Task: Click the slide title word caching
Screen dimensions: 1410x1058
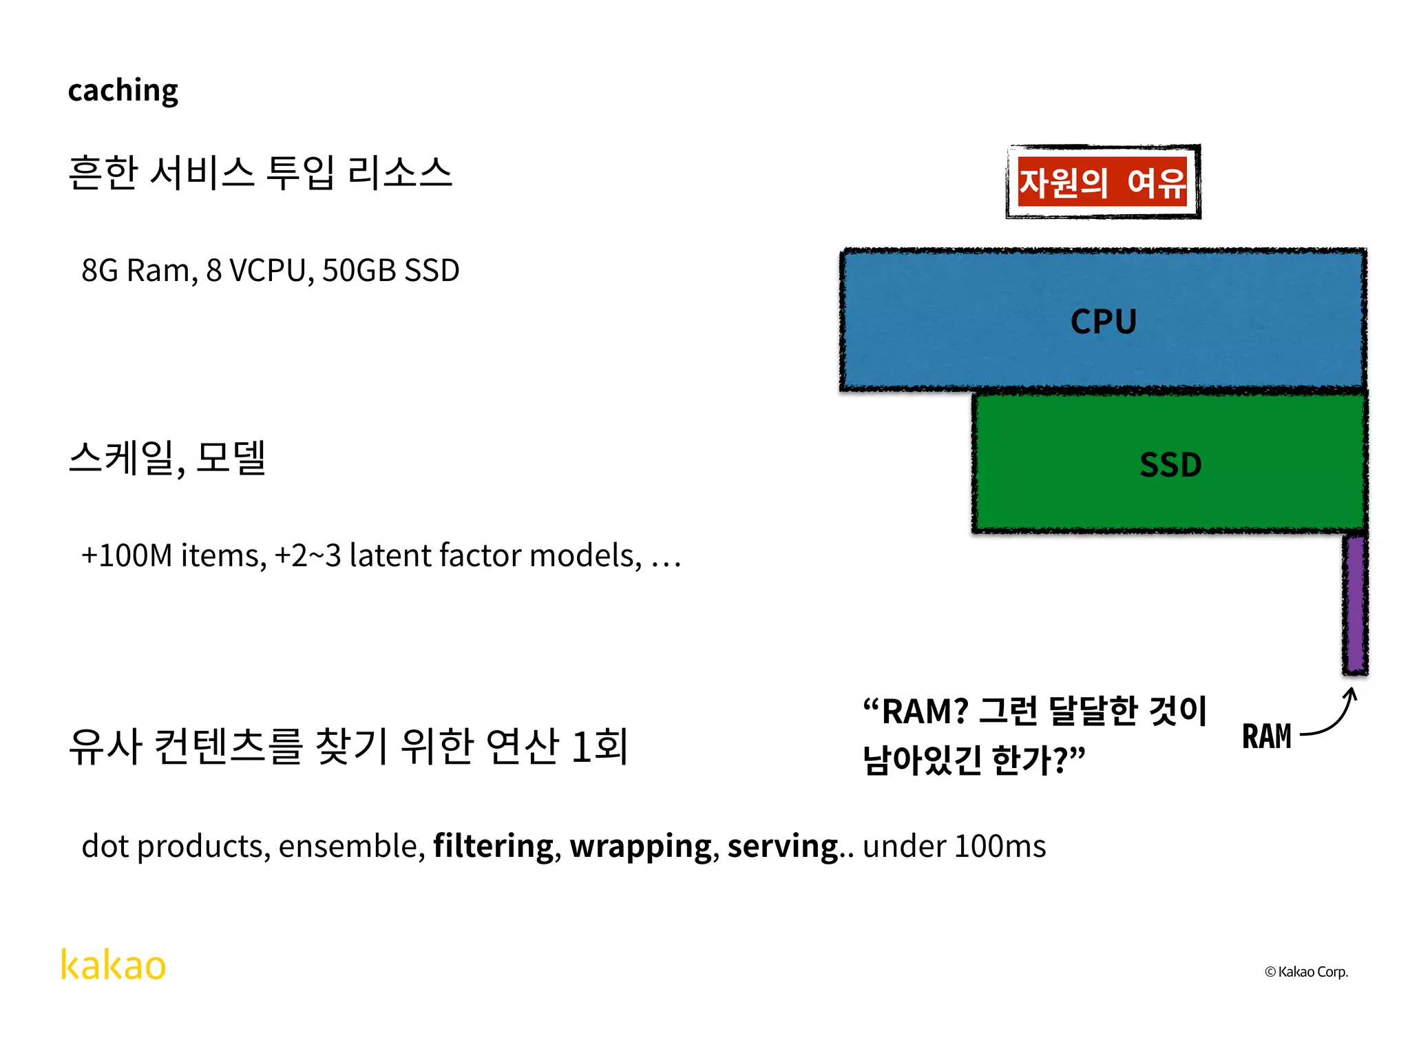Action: tap(123, 91)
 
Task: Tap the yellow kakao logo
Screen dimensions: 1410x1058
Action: tap(114, 964)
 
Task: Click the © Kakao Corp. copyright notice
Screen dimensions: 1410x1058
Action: tap(1306, 972)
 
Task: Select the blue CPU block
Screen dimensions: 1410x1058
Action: tap(1103, 321)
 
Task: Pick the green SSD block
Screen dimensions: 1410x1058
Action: tap(1170, 464)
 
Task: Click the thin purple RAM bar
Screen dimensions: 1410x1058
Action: tap(1355, 605)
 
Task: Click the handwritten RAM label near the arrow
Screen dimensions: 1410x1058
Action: tap(1266, 736)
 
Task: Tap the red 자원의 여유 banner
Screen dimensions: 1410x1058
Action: tap(1103, 182)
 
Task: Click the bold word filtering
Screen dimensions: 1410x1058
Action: tap(493, 846)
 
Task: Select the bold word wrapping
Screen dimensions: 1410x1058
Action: tap(640, 846)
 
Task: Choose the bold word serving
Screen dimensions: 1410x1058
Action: tap(782, 846)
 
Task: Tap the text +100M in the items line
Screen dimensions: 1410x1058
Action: tap(126, 555)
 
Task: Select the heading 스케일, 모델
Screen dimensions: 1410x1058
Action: tap(167, 457)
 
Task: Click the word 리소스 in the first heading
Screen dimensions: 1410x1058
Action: tap(399, 172)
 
